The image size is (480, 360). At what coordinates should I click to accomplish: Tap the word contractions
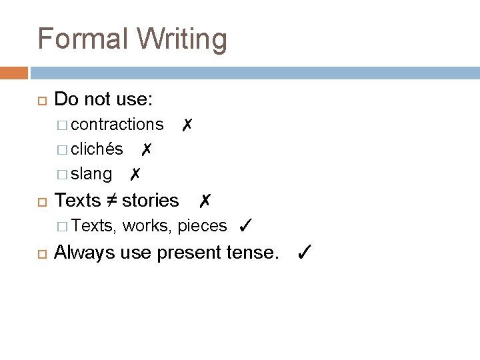[x=117, y=124]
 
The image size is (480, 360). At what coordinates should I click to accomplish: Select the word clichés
[x=97, y=149]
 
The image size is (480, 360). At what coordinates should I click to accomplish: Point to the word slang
[x=91, y=174]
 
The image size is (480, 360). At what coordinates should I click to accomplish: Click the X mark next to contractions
[x=188, y=124]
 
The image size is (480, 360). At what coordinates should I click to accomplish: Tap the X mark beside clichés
[x=147, y=149]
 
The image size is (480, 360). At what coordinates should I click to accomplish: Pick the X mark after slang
[x=135, y=174]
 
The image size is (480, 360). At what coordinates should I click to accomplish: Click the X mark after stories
[x=205, y=200]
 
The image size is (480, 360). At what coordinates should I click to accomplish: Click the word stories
[x=151, y=200]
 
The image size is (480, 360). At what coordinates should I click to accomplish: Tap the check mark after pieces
[x=244, y=226]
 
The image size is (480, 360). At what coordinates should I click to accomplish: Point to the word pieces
[x=202, y=227]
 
